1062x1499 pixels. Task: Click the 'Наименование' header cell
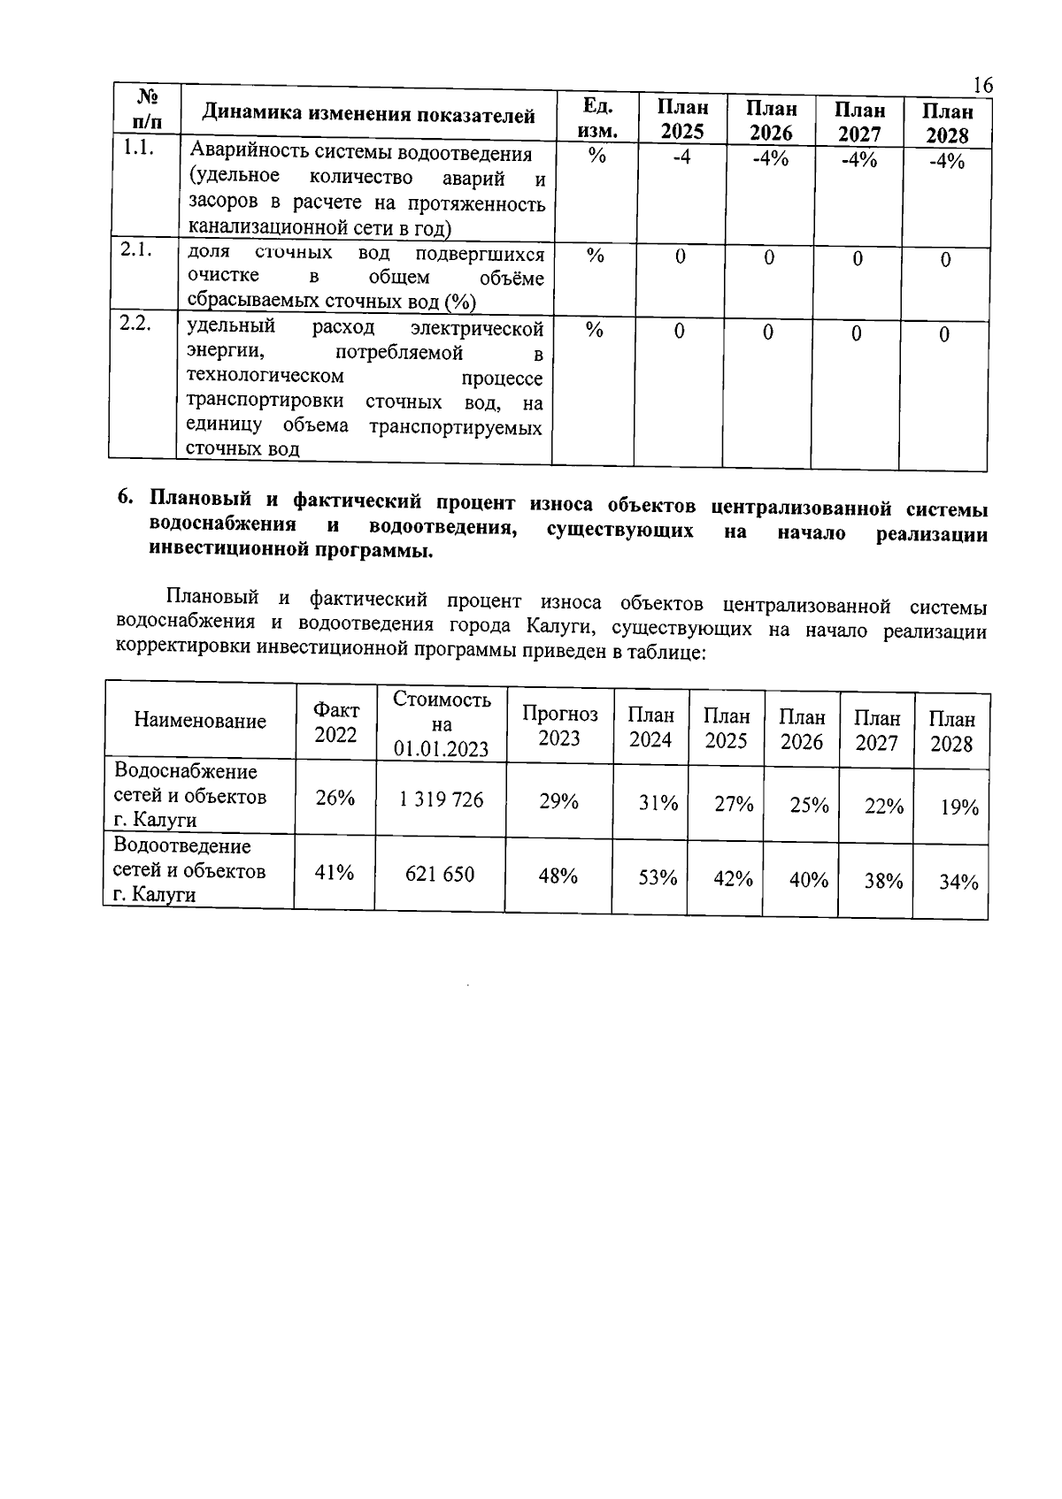pyautogui.click(x=200, y=721)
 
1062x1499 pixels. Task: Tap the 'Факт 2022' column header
pyautogui.click(x=336, y=722)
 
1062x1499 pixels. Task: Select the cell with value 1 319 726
pyautogui.click(x=441, y=799)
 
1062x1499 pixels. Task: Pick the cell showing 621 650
pyautogui.click(x=440, y=875)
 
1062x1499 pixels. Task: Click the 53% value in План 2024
pyautogui.click(x=658, y=877)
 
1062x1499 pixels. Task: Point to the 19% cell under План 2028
pyautogui.click(x=958, y=807)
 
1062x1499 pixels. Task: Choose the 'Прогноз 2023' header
pyautogui.click(x=559, y=725)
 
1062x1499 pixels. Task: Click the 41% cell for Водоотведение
pyautogui.click(x=335, y=873)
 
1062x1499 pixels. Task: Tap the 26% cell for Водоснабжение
pyautogui.click(x=335, y=798)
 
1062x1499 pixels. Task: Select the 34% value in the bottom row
pyautogui.click(x=958, y=883)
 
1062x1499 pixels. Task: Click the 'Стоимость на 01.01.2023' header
pyautogui.click(x=442, y=723)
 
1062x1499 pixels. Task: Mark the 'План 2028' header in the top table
pyautogui.click(x=947, y=123)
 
